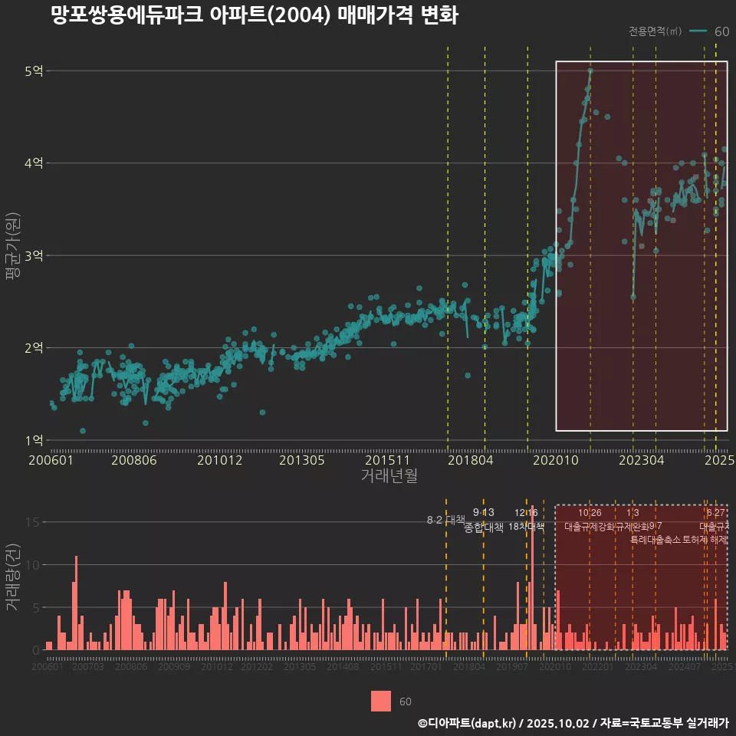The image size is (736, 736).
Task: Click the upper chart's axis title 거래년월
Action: coord(389,475)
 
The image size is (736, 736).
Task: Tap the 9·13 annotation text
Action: coord(483,512)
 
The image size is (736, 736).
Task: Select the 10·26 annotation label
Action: coord(590,512)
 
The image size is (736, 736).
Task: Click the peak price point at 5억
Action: coord(590,71)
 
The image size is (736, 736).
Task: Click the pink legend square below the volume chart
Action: coord(380,701)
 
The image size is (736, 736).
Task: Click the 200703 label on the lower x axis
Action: coord(87,667)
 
